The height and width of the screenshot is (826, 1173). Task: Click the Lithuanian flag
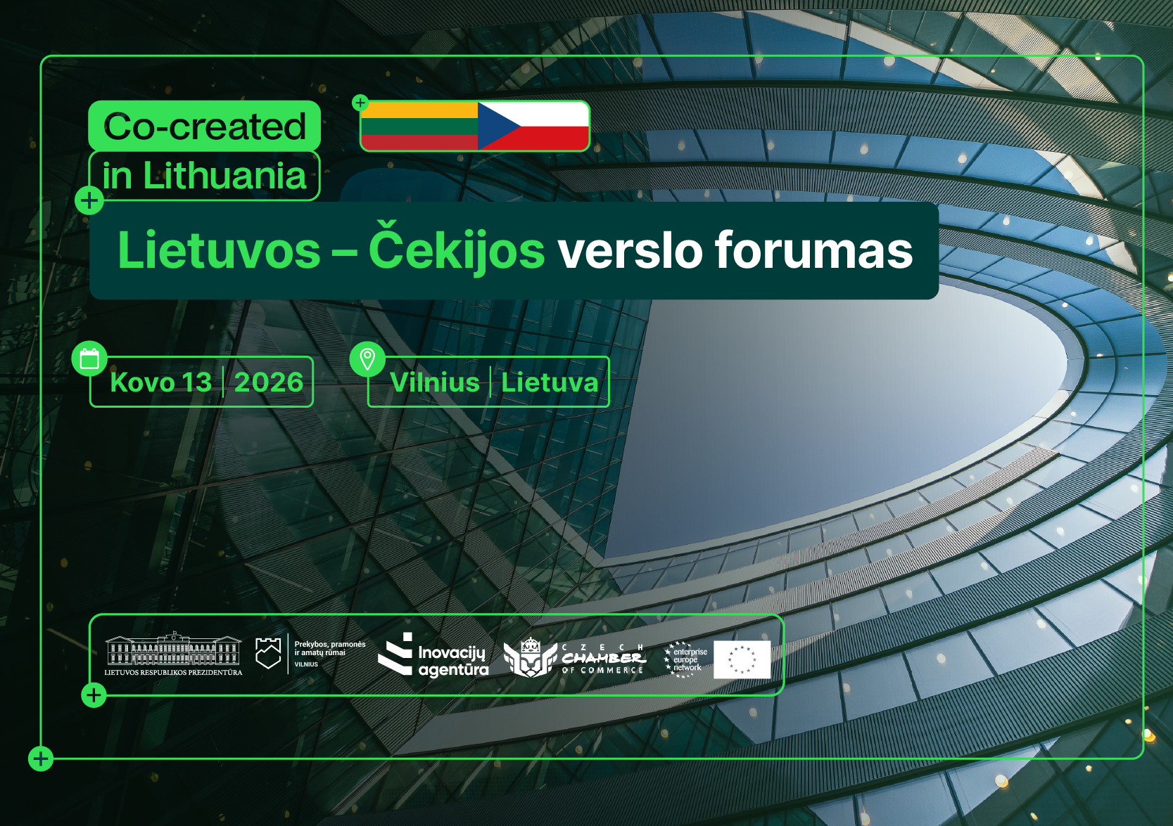[x=419, y=126]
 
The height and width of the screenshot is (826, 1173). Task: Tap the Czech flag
[x=533, y=126]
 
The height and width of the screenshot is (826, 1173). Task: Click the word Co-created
[x=205, y=126]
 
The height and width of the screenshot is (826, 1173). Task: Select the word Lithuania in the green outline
[x=224, y=175]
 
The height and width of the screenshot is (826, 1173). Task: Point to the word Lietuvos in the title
[x=219, y=250]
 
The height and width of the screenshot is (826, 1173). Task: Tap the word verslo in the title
[x=630, y=250]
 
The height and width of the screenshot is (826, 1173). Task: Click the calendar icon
[x=89, y=359]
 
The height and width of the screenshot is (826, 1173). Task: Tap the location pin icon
[x=367, y=359]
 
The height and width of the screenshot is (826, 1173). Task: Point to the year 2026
[x=269, y=382]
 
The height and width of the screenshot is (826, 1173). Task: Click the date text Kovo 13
[x=161, y=382]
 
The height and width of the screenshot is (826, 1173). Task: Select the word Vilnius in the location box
[x=435, y=382]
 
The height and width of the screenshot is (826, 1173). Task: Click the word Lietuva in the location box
[x=550, y=382]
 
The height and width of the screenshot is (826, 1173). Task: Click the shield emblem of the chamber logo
[x=268, y=653]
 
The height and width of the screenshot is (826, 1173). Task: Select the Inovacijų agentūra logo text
[x=453, y=662]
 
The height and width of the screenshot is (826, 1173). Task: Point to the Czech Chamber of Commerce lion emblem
[x=530, y=657]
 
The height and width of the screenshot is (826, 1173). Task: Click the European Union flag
[x=742, y=659]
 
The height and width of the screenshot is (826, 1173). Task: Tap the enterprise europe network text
[x=690, y=659]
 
